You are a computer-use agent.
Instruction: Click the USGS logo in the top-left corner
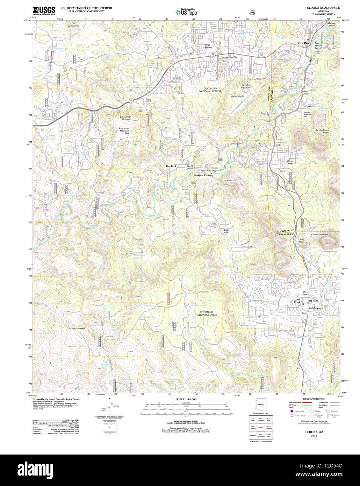pyautogui.click(x=44, y=11)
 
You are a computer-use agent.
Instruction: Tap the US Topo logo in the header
pyautogui.click(x=186, y=12)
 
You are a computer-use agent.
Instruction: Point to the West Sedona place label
pyautogui.click(x=208, y=46)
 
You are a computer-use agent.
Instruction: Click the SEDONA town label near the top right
pyautogui.click(x=303, y=43)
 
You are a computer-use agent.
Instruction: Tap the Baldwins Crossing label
pyautogui.click(x=203, y=175)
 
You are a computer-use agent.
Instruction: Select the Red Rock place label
pyautogui.click(x=171, y=166)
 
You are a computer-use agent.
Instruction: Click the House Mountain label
pyautogui.click(x=77, y=329)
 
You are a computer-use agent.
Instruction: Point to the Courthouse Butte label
pyautogui.click(x=320, y=235)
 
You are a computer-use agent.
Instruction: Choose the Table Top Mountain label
pyautogui.click(x=246, y=86)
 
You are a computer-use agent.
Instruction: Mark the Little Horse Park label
pyautogui.click(x=290, y=161)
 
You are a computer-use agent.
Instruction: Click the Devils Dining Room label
pyautogui.click(x=322, y=131)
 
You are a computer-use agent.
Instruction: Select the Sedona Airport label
pyautogui.click(x=237, y=97)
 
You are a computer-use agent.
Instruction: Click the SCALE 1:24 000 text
pyautogui.click(x=186, y=399)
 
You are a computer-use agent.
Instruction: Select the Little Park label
pyautogui.click(x=226, y=231)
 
